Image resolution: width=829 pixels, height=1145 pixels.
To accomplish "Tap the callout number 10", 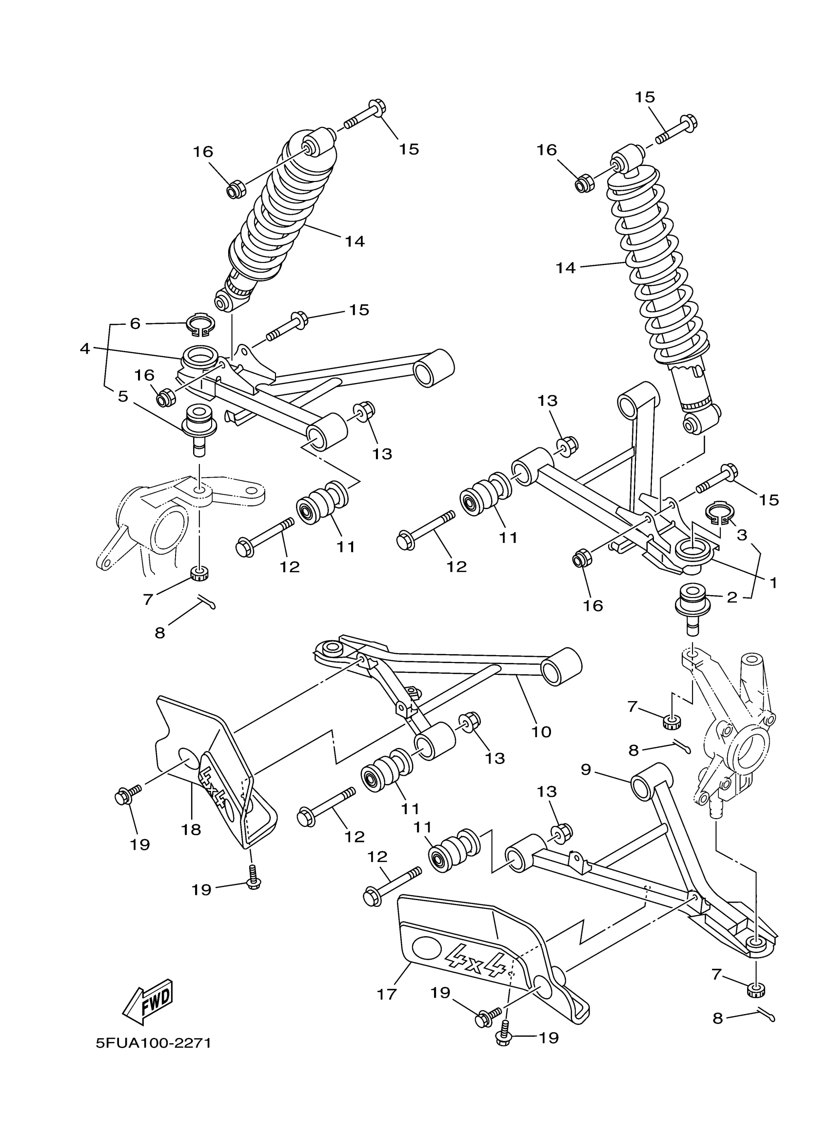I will pos(541,731).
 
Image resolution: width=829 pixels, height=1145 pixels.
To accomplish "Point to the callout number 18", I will pos(191,829).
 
